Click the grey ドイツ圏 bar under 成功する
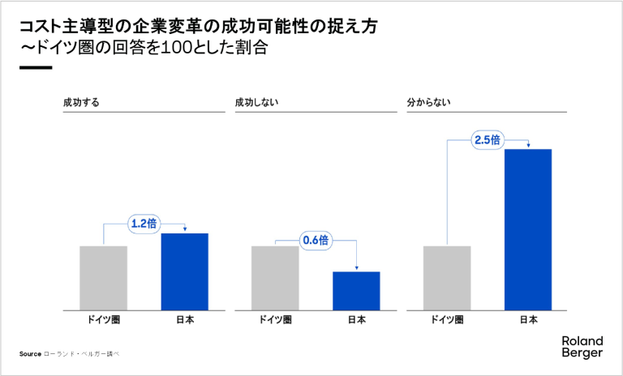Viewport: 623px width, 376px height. [103, 277]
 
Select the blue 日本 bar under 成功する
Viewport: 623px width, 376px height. [185, 271]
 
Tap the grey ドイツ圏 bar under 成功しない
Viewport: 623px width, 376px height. [275, 277]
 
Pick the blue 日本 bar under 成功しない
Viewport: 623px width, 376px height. [357, 290]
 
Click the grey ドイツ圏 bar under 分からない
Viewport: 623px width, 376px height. [447, 277]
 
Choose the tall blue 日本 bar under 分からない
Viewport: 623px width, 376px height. [528, 229]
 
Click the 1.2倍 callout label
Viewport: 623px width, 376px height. [145, 221]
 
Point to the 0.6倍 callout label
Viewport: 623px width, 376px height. [316, 240]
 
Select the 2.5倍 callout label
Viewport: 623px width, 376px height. [488, 140]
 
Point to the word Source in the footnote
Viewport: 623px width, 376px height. [30, 354]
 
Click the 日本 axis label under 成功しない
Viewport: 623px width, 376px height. [357, 320]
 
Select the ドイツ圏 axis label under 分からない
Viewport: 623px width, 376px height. [447, 320]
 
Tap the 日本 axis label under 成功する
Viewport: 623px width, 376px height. [185, 320]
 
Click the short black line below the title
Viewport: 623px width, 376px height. [36, 66]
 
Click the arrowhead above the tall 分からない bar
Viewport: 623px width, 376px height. [528, 146]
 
